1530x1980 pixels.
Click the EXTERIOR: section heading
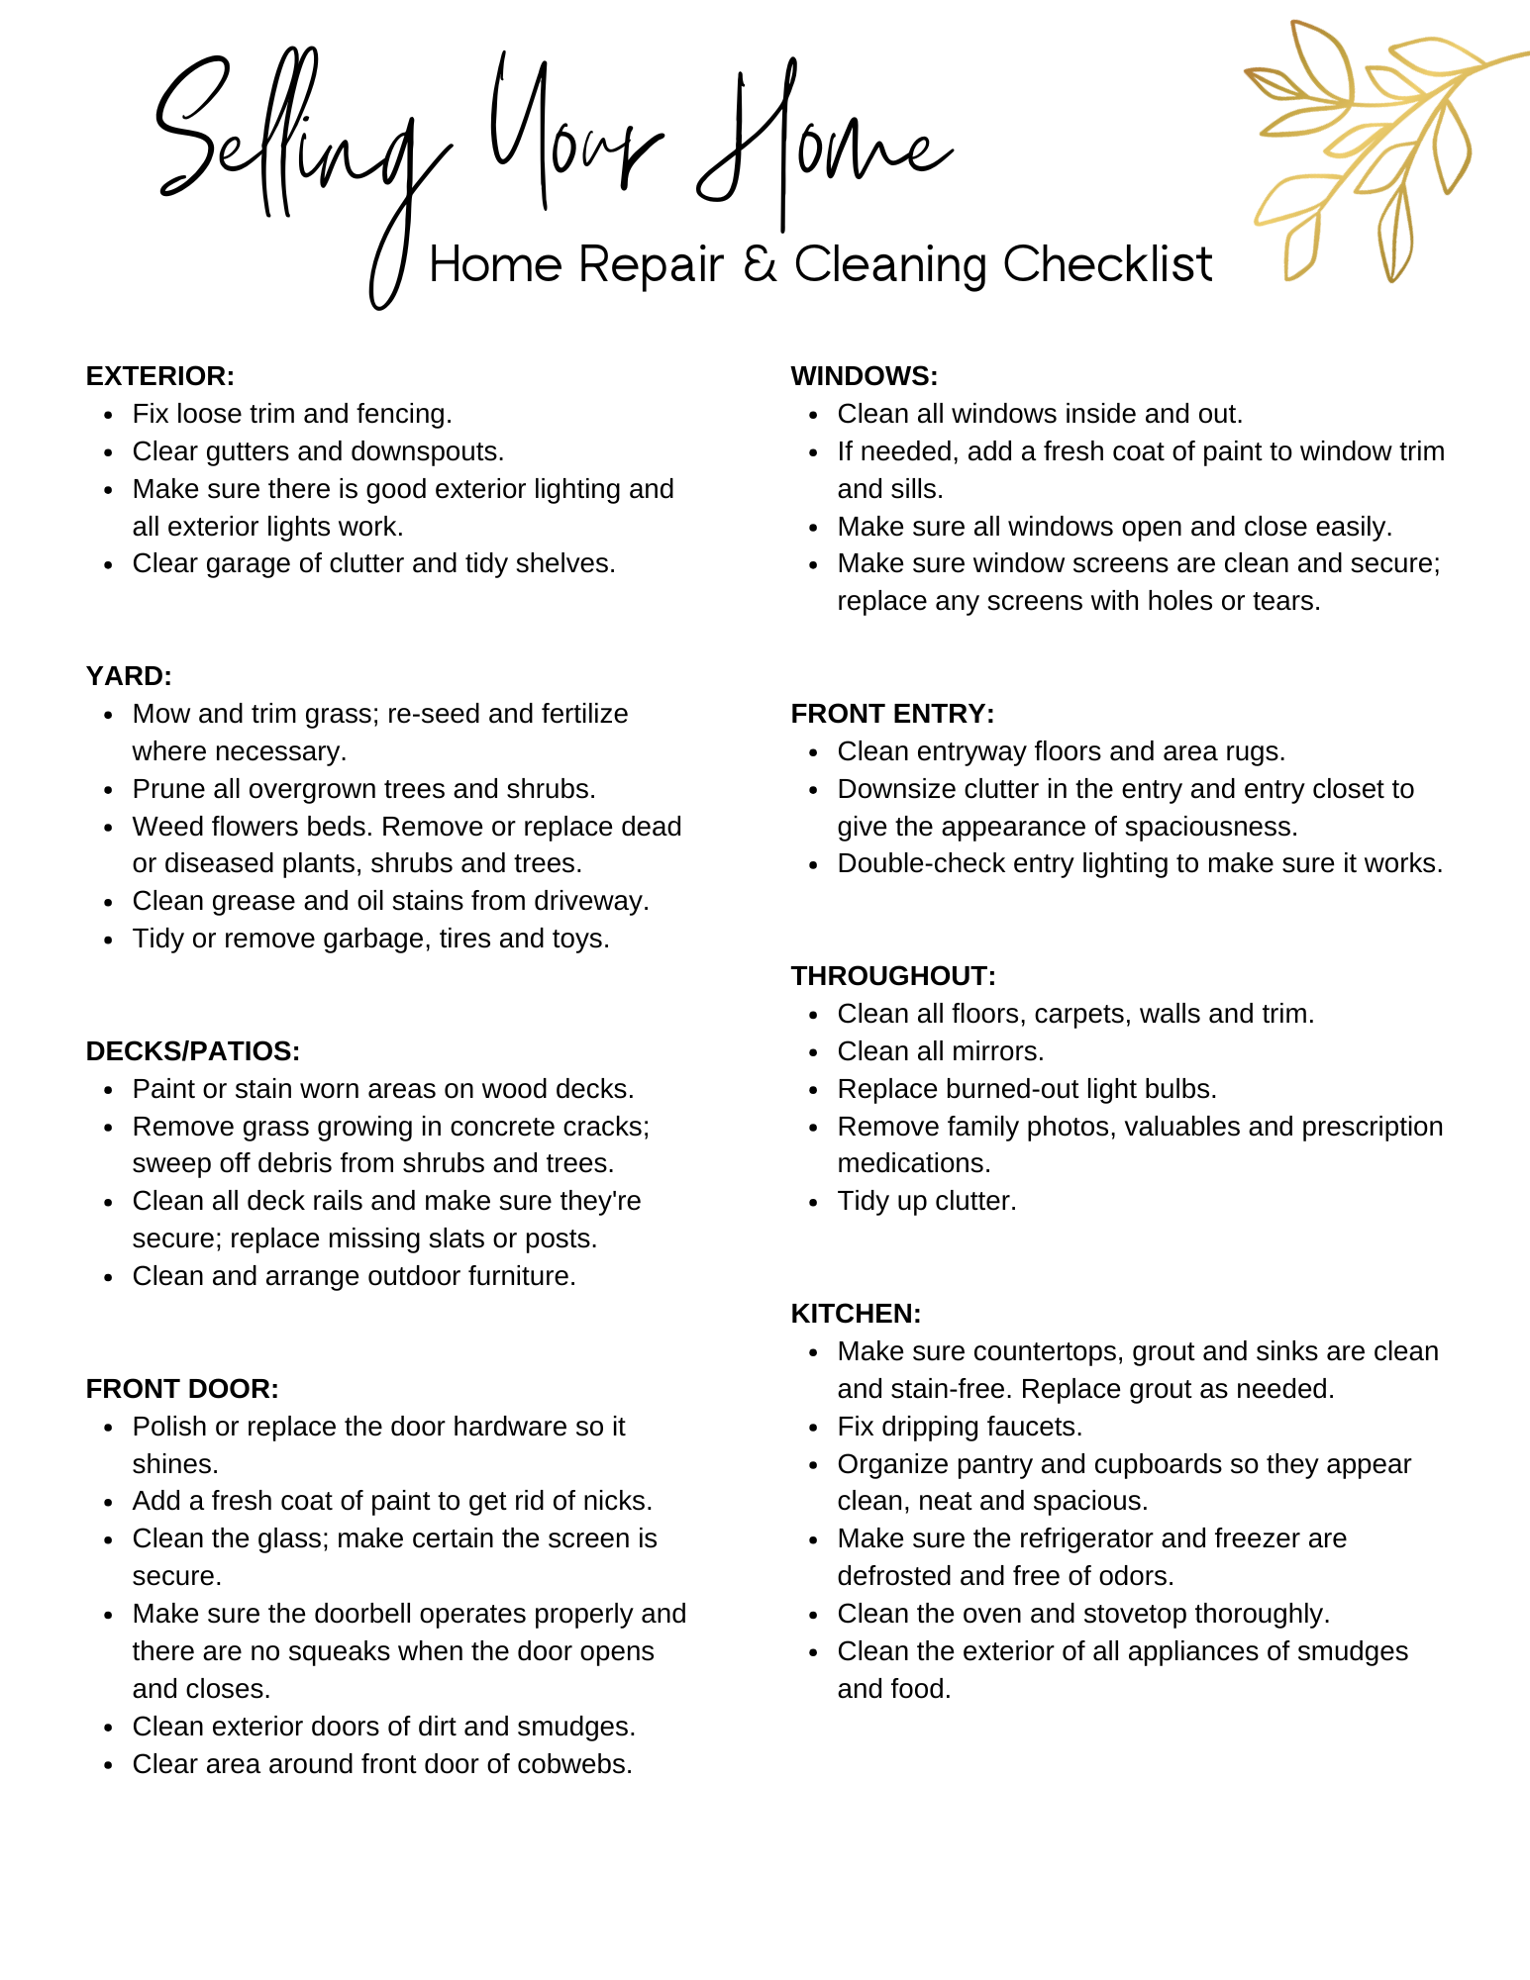point(159,376)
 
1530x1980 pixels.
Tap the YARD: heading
point(129,676)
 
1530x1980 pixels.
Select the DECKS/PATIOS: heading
point(192,1051)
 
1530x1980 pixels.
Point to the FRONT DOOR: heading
point(182,1389)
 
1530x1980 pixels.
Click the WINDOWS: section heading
point(864,376)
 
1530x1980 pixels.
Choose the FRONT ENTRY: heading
point(892,714)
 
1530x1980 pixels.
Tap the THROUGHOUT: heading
point(893,976)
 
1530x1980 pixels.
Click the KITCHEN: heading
point(856,1314)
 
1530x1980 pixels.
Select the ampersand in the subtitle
point(760,264)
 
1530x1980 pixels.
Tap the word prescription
point(1372,1127)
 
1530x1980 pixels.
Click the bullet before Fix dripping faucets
point(814,1428)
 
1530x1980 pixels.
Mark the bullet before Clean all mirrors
point(814,1052)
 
